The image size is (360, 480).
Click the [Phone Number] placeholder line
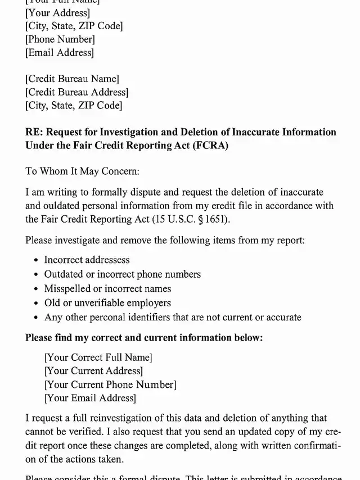60,39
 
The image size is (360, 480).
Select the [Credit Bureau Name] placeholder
72,79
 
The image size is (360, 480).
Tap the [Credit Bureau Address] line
76,92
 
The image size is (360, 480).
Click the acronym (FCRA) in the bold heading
211,146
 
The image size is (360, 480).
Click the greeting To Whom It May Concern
82,171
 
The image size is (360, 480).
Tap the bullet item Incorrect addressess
87,260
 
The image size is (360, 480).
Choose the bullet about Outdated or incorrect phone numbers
122,274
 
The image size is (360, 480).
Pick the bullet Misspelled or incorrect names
107,289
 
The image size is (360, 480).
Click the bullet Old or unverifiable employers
107,303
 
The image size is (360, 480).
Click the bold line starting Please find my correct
144,338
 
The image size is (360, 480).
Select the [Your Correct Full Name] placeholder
98,357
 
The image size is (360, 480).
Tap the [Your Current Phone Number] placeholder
110,385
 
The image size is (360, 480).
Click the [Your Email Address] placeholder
90,399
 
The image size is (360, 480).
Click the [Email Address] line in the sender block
60,53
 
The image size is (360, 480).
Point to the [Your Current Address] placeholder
93,371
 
